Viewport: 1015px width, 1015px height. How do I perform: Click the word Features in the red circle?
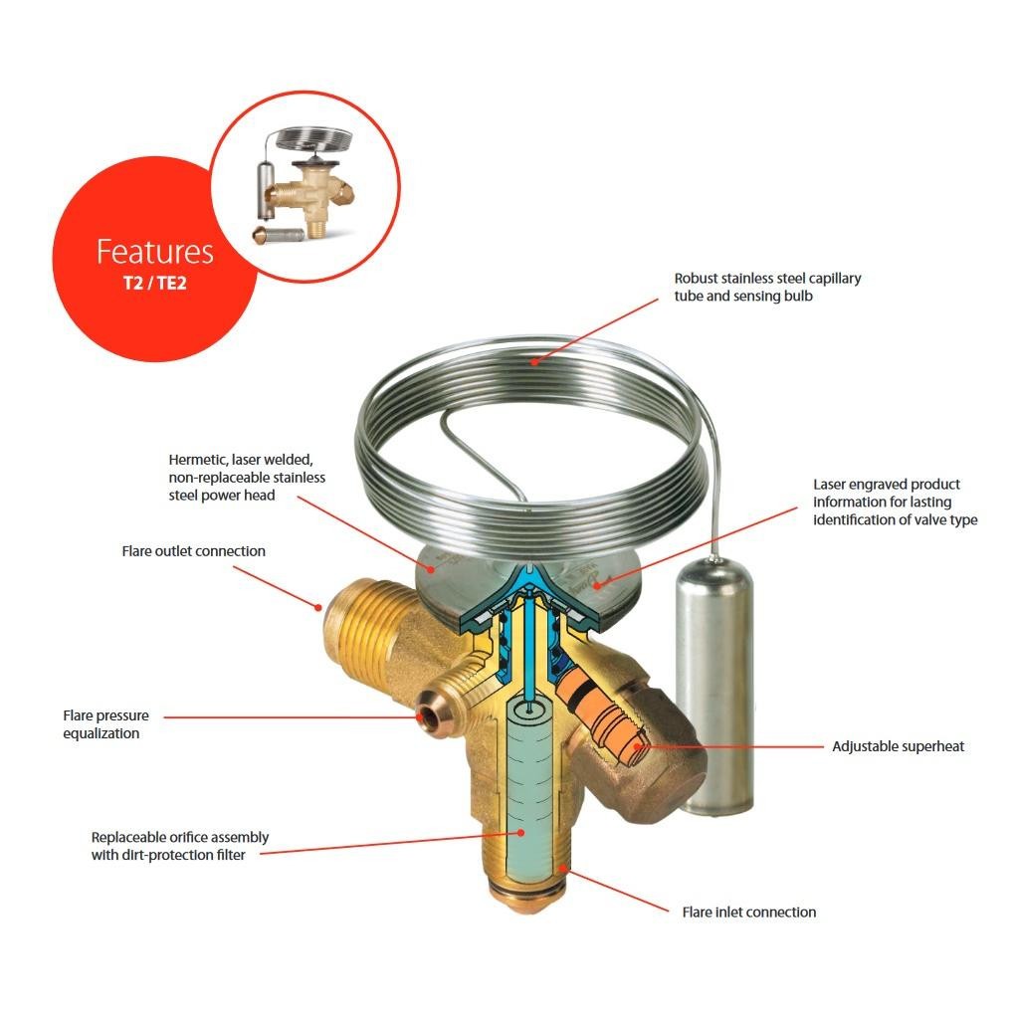click(x=154, y=252)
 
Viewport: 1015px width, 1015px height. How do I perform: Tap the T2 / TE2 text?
click(x=154, y=283)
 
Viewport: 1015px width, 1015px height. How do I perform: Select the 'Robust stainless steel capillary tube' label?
click(x=768, y=287)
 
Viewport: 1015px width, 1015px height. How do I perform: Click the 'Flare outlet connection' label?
click(x=194, y=551)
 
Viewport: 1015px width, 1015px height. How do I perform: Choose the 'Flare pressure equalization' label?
click(x=105, y=724)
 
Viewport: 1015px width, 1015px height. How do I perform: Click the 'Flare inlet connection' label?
click(x=749, y=913)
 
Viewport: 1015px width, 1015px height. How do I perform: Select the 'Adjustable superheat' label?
click(x=898, y=746)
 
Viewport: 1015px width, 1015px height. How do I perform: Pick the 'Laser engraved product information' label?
click(x=896, y=502)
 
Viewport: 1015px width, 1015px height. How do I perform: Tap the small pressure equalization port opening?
click(x=428, y=716)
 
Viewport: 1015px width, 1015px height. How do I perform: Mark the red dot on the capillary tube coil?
click(x=534, y=362)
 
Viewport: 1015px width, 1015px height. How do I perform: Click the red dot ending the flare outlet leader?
click(x=317, y=607)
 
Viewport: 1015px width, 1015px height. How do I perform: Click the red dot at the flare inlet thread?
click(x=564, y=868)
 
